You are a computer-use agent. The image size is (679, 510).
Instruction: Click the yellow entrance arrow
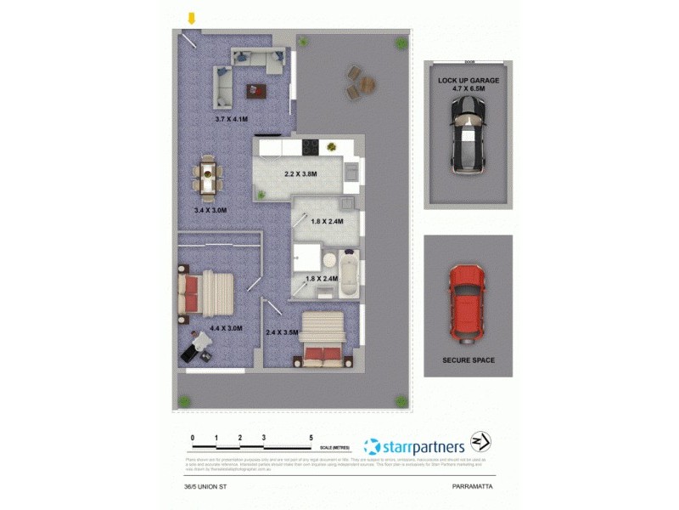tap(193, 18)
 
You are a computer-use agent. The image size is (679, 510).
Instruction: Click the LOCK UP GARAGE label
tap(469, 80)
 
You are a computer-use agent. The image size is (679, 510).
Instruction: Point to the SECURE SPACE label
tap(469, 360)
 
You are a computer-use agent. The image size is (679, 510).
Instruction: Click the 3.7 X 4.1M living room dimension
tap(232, 120)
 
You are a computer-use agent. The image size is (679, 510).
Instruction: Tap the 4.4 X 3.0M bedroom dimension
tap(227, 328)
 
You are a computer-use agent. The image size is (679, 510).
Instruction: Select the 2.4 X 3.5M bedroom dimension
tap(282, 332)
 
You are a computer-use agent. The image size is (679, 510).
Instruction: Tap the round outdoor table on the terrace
tap(367, 84)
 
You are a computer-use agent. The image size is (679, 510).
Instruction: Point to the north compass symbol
tap(481, 443)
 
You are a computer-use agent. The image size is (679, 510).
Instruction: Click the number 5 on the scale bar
tap(311, 437)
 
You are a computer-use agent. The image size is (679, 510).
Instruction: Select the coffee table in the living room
tap(256, 89)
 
